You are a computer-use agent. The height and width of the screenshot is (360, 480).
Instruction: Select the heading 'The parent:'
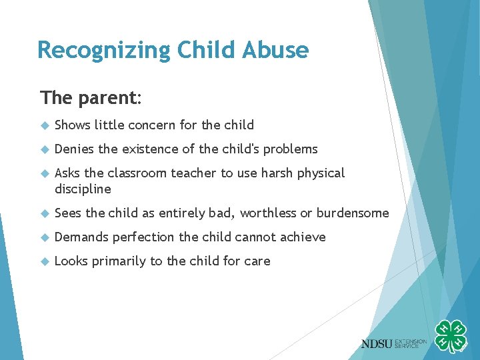click(91, 98)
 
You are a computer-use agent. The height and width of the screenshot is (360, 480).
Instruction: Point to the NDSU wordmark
click(377, 343)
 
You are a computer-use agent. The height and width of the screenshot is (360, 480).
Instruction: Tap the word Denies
click(74, 149)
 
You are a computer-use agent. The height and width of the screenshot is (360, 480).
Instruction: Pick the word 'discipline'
click(83, 189)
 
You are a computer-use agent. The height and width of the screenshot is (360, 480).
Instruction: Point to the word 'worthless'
click(269, 213)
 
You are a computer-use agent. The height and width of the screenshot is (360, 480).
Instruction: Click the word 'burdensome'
click(352, 213)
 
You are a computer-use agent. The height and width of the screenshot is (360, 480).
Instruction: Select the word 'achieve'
click(303, 237)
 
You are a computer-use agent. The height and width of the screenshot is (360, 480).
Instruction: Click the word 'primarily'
click(119, 261)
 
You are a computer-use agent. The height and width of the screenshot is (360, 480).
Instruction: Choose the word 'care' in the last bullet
click(257, 261)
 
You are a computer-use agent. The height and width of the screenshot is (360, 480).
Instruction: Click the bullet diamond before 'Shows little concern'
click(45, 125)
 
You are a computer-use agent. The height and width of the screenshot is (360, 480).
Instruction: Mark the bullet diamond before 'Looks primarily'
click(45, 261)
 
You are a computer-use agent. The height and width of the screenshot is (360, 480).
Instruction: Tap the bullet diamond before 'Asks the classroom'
click(45, 173)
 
